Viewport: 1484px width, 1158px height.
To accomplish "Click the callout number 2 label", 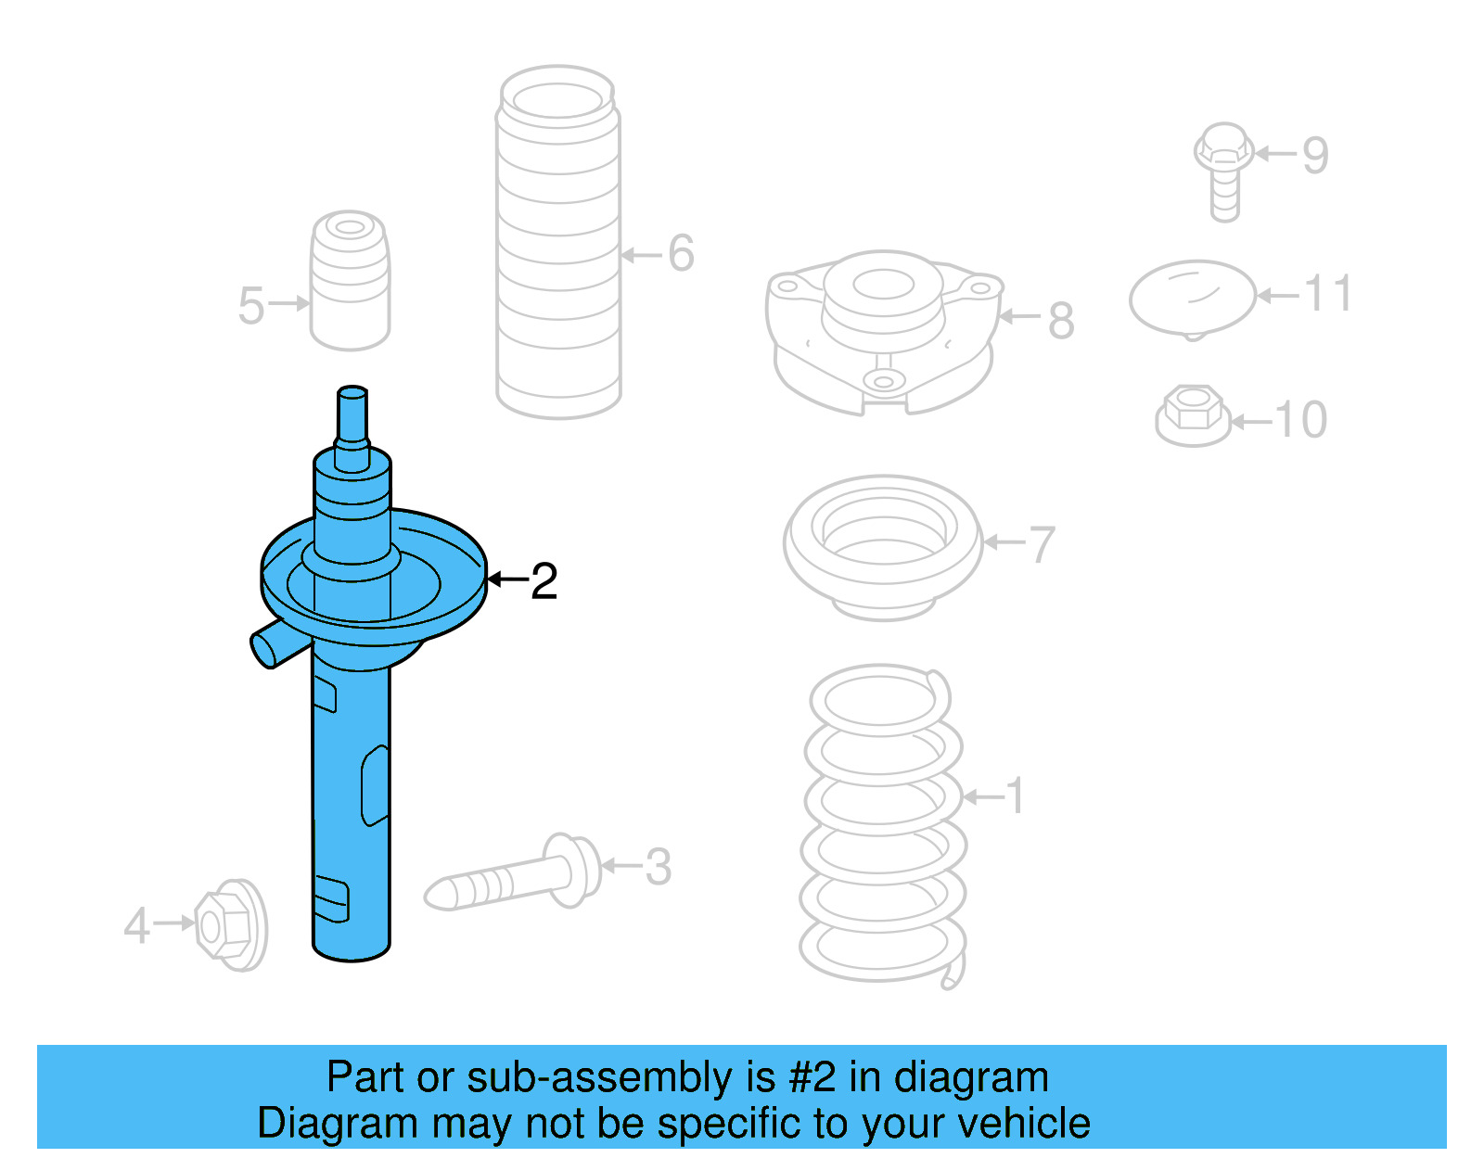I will click(x=544, y=581).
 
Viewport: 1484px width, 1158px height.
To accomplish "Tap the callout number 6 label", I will click(x=682, y=253).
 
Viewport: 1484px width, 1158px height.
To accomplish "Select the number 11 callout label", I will click(x=1328, y=294).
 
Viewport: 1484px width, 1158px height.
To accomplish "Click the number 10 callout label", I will click(x=1301, y=420).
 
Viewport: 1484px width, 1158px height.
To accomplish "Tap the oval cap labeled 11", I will click(x=1192, y=297).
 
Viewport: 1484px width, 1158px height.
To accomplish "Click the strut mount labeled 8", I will click(x=883, y=329).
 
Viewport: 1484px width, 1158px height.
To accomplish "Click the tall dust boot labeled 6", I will click(x=558, y=241).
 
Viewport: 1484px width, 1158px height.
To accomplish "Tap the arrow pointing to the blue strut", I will click(x=506, y=579).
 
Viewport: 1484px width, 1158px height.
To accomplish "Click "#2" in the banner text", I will click(x=812, y=1078).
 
